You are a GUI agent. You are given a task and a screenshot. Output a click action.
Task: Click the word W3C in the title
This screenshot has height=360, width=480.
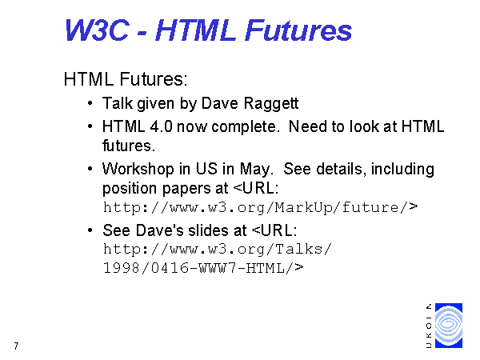[x=97, y=30]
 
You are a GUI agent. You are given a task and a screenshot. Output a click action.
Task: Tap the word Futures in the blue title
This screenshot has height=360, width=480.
[x=298, y=30]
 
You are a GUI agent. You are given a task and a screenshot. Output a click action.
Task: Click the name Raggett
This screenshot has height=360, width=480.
[x=271, y=103]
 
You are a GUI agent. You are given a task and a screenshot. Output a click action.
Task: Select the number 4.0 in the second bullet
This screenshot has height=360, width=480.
[x=161, y=126]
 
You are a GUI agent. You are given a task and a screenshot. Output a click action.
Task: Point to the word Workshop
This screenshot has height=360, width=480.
[x=138, y=170]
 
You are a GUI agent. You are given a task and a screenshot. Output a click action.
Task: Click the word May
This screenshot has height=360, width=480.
[x=256, y=170]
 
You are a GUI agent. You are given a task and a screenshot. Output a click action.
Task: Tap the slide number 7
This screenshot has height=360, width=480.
[x=16, y=346]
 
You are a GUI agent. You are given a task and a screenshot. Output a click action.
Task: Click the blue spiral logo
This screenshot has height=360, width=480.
[x=449, y=326]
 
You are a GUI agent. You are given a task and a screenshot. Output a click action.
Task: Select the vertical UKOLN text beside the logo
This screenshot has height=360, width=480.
[x=429, y=326]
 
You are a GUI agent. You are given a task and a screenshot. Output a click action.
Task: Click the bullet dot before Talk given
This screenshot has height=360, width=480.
[x=90, y=103]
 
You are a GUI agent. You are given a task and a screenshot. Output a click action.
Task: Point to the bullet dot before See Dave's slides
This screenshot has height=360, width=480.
[x=90, y=230]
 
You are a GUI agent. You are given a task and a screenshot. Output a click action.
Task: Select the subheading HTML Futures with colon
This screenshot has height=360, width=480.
[x=126, y=79]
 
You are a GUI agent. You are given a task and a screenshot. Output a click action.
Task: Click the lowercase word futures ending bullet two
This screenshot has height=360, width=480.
[x=129, y=146]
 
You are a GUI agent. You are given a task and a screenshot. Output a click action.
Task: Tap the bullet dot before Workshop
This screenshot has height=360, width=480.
[x=90, y=169]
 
